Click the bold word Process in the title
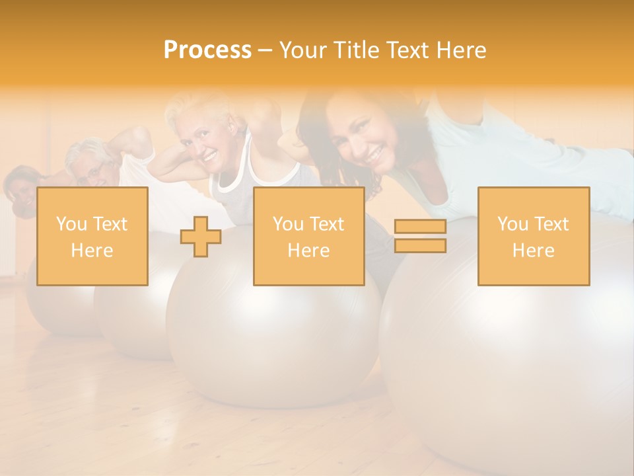(207, 50)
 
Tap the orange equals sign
(420, 236)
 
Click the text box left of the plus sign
(92, 236)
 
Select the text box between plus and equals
(308, 236)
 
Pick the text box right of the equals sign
(533, 236)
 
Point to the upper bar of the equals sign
(420, 227)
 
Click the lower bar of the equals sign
(420, 245)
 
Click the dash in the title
(265, 51)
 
